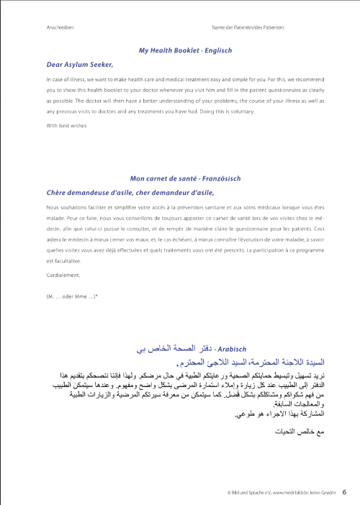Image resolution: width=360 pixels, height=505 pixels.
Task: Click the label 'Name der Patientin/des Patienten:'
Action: click(248, 27)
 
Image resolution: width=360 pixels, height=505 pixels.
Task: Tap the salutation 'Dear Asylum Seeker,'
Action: click(76, 64)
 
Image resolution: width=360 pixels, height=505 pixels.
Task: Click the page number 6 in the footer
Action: click(344, 492)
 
